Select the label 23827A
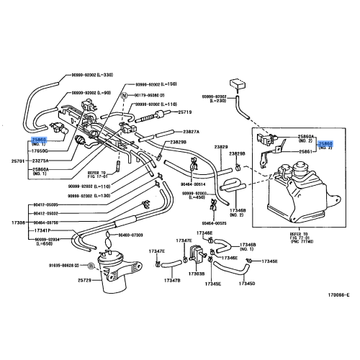pos(191,132)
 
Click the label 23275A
pos(43,160)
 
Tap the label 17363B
pos(197,274)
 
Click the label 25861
pos(305,152)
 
